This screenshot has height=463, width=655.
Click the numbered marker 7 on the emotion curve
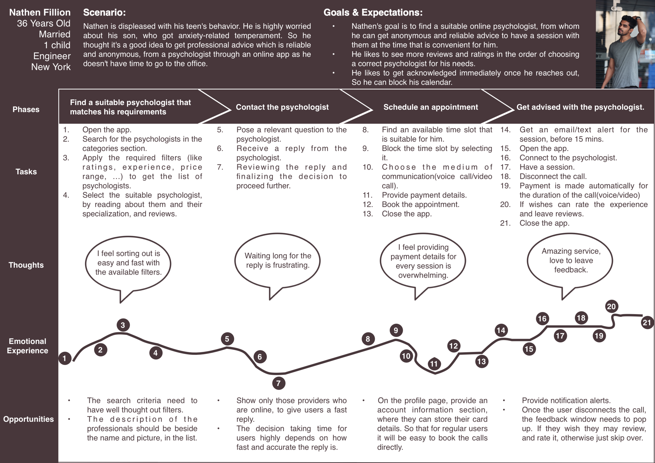[279, 383]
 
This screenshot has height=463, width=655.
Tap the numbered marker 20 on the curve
[611, 306]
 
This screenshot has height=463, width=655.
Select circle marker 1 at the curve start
[65, 358]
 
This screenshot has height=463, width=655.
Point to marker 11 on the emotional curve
[434, 364]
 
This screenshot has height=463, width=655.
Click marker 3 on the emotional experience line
[123, 325]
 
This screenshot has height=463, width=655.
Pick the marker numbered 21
[647, 323]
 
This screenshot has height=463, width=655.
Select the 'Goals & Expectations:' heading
[373, 13]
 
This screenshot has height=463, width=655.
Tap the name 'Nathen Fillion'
[40, 13]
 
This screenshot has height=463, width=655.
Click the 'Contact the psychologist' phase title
[282, 107]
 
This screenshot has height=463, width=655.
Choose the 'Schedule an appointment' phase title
[430, 107]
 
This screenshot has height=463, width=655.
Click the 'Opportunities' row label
[29, 419]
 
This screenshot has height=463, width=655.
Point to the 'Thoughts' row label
[26, 265]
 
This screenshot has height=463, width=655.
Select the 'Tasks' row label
[26, 172]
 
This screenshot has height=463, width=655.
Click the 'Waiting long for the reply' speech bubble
[277, 260]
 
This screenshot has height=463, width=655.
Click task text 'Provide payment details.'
[424, 195]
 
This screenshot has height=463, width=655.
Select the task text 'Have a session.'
[547, 167]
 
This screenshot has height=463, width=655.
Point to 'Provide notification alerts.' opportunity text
[566, 401]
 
